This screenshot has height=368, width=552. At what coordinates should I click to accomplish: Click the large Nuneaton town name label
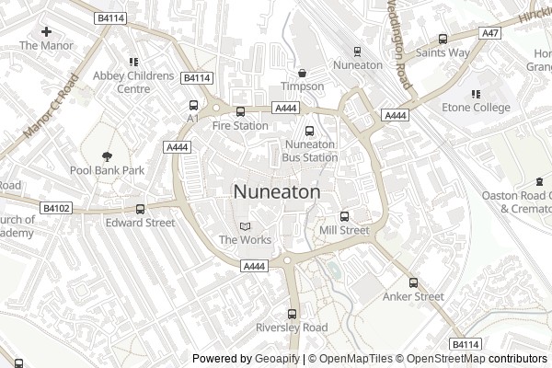277,192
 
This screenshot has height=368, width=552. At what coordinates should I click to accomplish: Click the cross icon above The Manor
46,31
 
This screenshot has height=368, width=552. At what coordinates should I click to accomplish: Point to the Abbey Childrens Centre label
133,82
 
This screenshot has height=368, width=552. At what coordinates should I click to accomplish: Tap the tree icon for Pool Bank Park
108,156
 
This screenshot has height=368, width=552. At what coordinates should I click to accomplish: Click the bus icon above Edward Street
140,209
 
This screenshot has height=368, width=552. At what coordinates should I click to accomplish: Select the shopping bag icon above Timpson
303,74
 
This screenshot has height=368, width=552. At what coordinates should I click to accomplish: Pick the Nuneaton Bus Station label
310,151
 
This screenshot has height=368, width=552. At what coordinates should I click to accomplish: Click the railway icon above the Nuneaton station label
357,52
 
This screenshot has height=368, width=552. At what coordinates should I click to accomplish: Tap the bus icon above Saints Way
443,40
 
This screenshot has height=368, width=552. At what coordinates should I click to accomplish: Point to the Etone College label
477,108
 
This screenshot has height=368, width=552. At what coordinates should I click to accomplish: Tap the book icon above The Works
244,226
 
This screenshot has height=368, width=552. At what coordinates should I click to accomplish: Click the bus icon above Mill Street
345,216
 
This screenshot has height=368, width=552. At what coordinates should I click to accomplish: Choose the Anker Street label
414,296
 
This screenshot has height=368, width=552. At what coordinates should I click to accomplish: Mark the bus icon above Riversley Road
293,314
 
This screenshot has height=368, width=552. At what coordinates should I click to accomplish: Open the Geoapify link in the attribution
277,359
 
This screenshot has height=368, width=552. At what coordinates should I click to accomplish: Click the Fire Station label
240,125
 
